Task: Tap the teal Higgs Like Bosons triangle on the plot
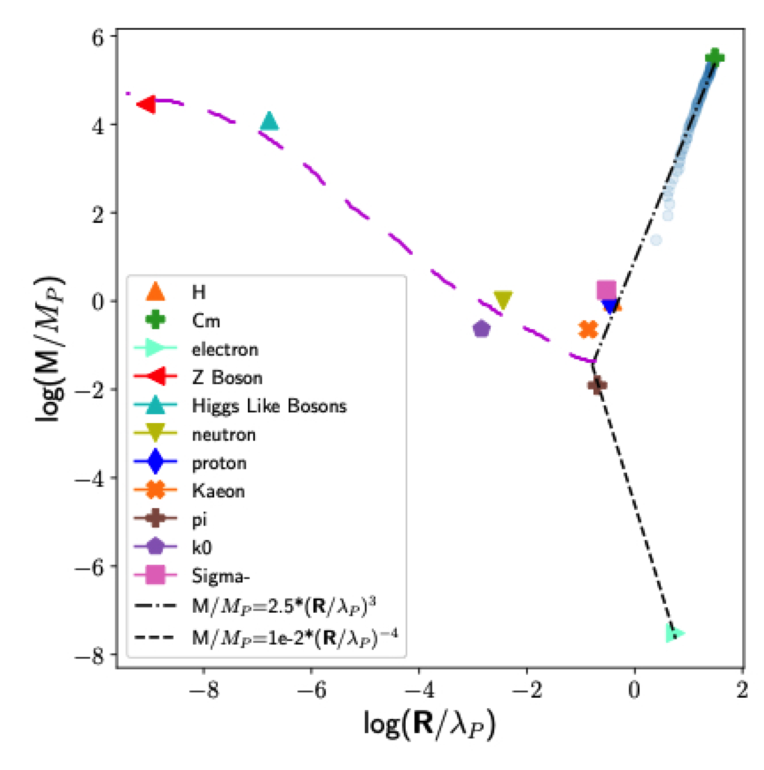coord(269,121)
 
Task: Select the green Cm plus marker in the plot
coord(714,57)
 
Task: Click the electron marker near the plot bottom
coord(674,634)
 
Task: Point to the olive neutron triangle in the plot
coord(503,300)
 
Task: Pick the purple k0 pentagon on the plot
coord(481,329)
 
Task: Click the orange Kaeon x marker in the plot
coord(588,330)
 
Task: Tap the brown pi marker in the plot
coord(597,385)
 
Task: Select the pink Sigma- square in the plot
coord(606,290)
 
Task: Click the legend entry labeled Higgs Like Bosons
coord(269,406)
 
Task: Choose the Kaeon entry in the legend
coord(219,491)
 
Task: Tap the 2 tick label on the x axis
coord(742,690)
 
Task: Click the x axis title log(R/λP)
coord(429,725)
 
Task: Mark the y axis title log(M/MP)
coord(50,349)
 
